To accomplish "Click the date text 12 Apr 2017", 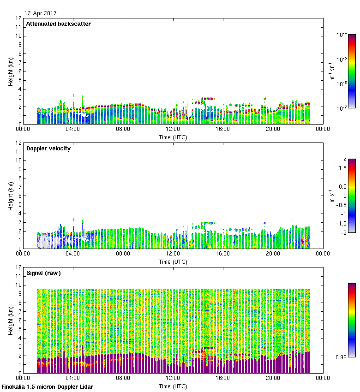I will [41, 13].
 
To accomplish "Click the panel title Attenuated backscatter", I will [58, 24].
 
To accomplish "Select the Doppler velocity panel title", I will [48, 148].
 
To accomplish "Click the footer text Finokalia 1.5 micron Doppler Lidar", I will [48, 387].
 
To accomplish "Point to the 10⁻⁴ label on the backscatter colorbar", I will [342, 35].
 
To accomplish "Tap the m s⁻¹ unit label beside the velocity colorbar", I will [332, 196].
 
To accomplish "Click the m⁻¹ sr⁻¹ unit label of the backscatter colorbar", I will [332, 71].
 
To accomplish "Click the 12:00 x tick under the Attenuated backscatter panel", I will [173, 130].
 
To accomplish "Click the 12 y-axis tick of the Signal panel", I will [19, 267].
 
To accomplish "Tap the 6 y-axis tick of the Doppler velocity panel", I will [19, 196].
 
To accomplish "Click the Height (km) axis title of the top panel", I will [11, 71].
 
